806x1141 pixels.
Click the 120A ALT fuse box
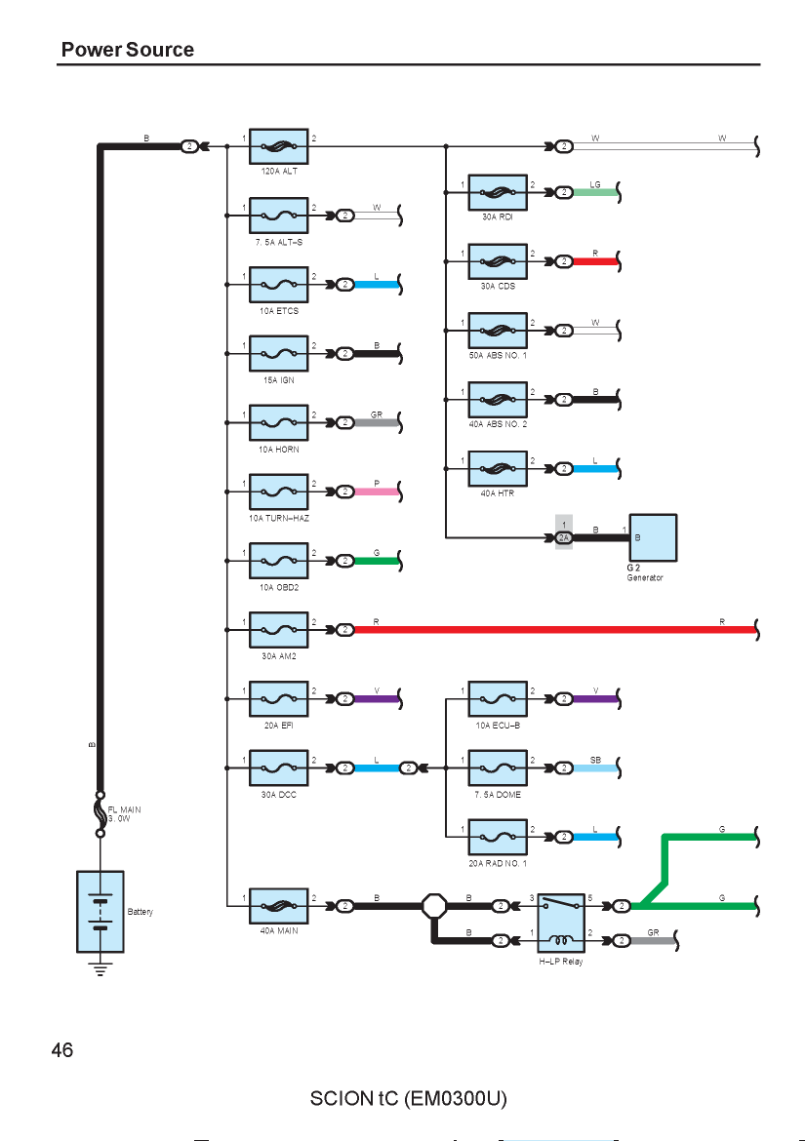coord(279,146)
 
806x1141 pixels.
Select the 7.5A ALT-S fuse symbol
coord(279,216)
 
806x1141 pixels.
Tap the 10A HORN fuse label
coord(279,449)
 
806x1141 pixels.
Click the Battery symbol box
coord(101,911)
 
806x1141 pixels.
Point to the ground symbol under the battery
coord(101,968)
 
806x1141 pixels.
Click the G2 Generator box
coord(653,537)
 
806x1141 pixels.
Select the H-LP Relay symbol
coord(561,923)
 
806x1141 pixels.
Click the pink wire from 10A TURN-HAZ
coord(378,492)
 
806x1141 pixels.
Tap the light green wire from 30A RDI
coord(595,193)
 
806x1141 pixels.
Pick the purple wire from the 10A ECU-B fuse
coord(595,699)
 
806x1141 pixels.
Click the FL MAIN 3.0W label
coord(125,813)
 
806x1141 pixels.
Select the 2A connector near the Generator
coord(564,537)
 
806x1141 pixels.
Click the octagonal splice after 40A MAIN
coord(434,906)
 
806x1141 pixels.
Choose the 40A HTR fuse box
coord(498,469)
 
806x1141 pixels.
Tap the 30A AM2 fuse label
coord(279,656)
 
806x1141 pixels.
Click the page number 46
coord(62,1049)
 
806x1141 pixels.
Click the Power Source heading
coord(128,50)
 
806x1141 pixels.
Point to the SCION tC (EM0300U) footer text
coord(409,1098)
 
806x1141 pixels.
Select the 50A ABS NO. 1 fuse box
coord(498,331)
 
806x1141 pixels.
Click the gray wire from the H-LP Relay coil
coord(653,941)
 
